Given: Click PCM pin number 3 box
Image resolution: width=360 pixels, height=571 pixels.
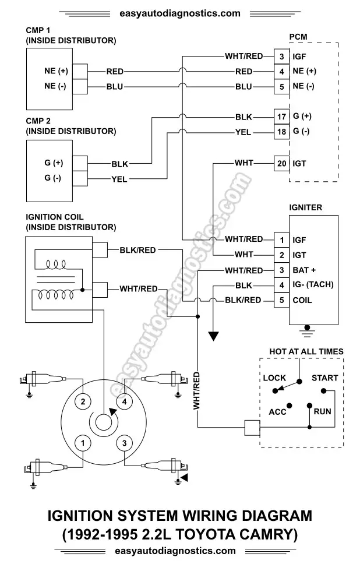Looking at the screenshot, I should coord(281,57).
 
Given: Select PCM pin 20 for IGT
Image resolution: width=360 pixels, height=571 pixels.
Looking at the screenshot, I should coord(281,164).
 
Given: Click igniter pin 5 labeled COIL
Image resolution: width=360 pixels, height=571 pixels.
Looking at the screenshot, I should coord(281,300).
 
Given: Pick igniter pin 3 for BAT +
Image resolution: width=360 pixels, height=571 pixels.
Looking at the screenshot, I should coord(281,270).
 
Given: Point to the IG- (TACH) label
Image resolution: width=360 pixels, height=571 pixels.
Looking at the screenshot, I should coord(313,285).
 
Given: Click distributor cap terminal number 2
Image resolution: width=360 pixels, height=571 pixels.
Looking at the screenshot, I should coord(83,401).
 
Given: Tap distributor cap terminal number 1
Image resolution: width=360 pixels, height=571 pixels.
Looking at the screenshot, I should coord(83,443).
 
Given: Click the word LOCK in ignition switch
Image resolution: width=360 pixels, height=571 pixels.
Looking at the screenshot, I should coord(274,378).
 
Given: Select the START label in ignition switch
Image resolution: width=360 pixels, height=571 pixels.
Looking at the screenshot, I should coord(324,378).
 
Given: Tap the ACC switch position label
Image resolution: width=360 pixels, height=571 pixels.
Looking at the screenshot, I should coord(277,411).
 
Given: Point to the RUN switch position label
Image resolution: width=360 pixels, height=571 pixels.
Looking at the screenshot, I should coord(322,411).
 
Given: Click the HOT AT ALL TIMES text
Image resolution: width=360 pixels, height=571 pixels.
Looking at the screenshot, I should coord(306,351).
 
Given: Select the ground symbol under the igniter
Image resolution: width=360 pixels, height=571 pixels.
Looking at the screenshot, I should coord(308,330).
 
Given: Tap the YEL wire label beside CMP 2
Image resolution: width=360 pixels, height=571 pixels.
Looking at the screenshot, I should coord(119,179).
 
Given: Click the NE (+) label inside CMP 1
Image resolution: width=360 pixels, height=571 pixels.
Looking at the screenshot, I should coord(56,72).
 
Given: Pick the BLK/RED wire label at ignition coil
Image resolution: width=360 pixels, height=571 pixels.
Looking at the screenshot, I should coord(137,250).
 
